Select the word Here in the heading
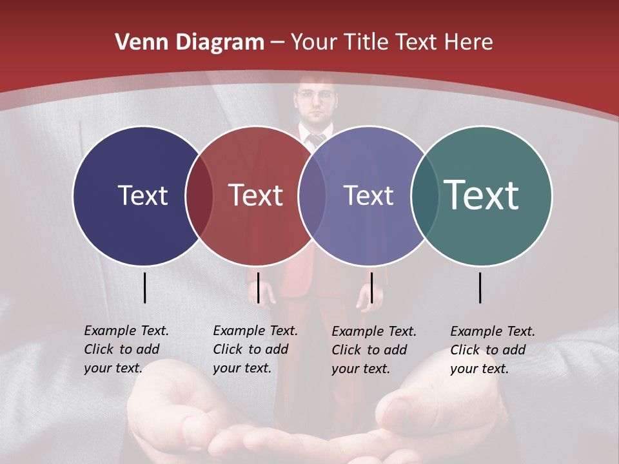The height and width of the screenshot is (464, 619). pyautogui.click(x=469, y=43)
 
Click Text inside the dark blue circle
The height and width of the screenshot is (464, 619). pyautogui.click(x=142, y=195)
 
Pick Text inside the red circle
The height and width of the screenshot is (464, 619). pyautogui.click(x=256, y=195)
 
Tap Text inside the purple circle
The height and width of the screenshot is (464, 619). pyautogui.click(x=368, y=195)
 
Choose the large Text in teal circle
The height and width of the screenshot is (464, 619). pyautogui.click(x=482, y=195)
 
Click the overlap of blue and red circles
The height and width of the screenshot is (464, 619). pyautogui.click(x=199, y=195)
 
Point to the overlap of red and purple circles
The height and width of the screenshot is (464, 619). pyautogui.click(x=312, y=195)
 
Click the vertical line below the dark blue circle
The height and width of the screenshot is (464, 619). pyautogui.click(x=144, y=287)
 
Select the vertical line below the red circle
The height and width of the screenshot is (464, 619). pyautogui.click(x=258, y=287)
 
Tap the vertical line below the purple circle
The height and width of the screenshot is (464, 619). pyautogui.click(x=371, y=287)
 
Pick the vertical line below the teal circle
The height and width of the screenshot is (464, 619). pyautogui.click(x=480, y=287)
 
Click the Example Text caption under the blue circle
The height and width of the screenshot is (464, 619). pyautogui.click(x=126, y=349)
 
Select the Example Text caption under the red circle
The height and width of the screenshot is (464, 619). pyautogui.click(x=255, y=349)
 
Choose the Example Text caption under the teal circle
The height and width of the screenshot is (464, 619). pyautogui.click(x=493, y=349)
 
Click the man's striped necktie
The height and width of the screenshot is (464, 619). pyautogui.click(x=317, y=139)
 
